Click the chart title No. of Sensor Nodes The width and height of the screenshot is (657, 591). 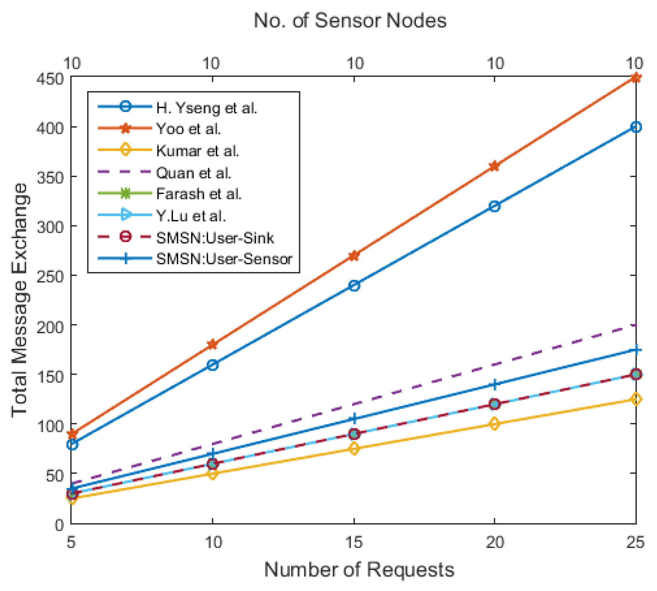[350, 21]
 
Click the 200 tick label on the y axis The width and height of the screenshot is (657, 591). [50, 327]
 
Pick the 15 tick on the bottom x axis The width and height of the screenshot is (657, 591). [354, 542]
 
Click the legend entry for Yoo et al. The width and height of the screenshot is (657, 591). [188, 129]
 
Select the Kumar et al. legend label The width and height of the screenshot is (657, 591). [197, 151]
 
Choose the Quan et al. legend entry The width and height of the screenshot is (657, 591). [193, 173]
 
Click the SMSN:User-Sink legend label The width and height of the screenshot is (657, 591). [215, 238]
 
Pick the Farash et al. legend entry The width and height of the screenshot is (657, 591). [198, 194]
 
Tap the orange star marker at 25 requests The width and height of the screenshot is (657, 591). [635, 78]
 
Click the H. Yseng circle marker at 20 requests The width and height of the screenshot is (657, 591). [494, 206]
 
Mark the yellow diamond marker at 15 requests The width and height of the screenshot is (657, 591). [354, 449]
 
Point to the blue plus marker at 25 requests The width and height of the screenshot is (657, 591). [636, 350]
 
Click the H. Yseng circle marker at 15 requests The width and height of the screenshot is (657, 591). [354, 286]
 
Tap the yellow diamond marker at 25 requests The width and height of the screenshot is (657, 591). [636, 399]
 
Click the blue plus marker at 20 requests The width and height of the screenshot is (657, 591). [494, 384]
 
